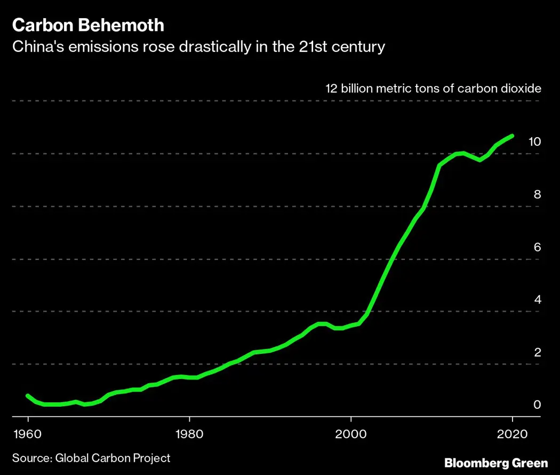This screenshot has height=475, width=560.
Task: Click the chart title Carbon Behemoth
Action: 88,25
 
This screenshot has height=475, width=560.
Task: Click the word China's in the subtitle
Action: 36,47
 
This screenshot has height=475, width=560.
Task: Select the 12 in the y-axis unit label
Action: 331,88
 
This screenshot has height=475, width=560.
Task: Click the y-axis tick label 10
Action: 534,141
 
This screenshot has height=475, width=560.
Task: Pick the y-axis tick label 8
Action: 537,194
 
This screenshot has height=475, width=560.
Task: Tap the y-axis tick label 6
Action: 537,247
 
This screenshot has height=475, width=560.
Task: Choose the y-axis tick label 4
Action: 537,299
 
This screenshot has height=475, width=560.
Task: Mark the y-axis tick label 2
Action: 537,352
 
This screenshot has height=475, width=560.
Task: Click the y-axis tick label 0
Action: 537,405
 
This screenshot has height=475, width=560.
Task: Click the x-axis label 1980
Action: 189,432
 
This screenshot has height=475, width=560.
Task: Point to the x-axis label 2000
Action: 350,432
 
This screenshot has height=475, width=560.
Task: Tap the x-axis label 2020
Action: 512,432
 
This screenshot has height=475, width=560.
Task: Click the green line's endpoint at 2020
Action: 512,136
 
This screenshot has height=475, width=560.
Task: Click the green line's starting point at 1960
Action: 28,395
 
